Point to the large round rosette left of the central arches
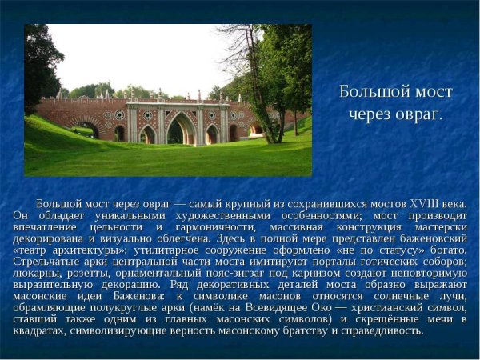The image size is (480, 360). coord(120,114)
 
